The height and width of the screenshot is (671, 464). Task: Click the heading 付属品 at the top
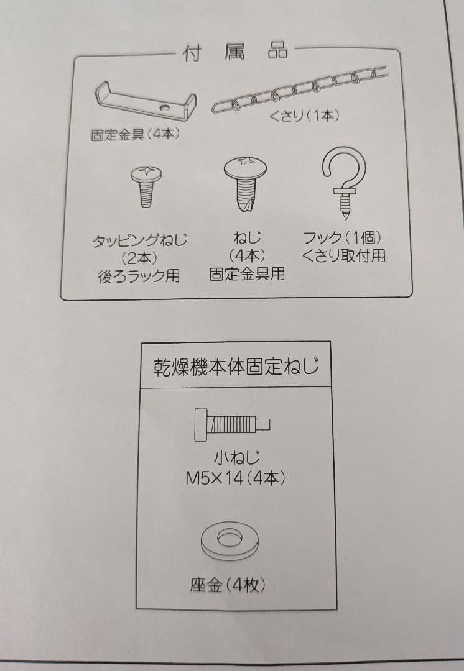[235, 52]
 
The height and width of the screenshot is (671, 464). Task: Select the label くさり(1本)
[304, 116]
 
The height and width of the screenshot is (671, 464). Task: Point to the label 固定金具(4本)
[135, 134]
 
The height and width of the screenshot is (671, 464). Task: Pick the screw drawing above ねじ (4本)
[248, 181]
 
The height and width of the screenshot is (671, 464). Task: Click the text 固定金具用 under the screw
[247, 274]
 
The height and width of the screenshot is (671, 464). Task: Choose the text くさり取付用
[344, 255]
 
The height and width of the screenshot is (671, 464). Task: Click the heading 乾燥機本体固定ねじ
[236, 367]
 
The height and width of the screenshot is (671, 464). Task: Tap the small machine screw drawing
[232, 426]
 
